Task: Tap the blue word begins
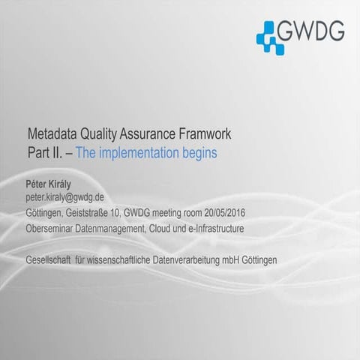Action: pos(194,153)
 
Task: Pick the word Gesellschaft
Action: pos(48,259)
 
